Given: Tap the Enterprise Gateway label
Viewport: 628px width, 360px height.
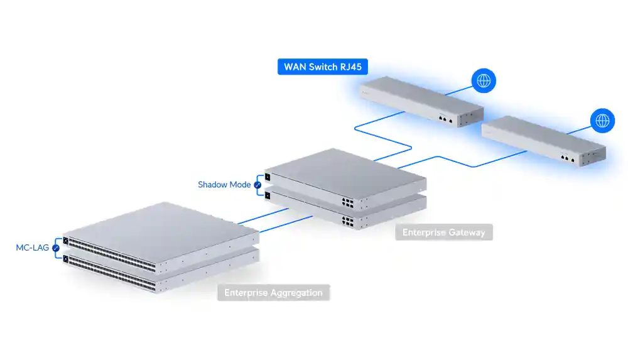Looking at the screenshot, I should coord(443,232).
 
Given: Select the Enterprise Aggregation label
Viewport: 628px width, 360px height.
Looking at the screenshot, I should coord(273,293).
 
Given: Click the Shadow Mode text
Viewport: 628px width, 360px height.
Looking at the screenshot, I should coord(224,185).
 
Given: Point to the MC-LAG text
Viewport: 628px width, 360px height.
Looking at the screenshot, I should coord(32,248).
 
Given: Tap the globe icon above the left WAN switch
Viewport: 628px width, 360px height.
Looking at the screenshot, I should coord(484,80).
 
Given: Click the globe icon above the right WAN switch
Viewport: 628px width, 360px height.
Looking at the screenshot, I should coord(602,121).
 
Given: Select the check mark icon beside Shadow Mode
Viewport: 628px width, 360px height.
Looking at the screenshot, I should coord(257,185).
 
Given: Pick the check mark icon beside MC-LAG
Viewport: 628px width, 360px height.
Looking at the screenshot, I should coord(56,248).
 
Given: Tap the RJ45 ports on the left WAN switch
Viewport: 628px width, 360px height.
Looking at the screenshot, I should coord(445,118).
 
